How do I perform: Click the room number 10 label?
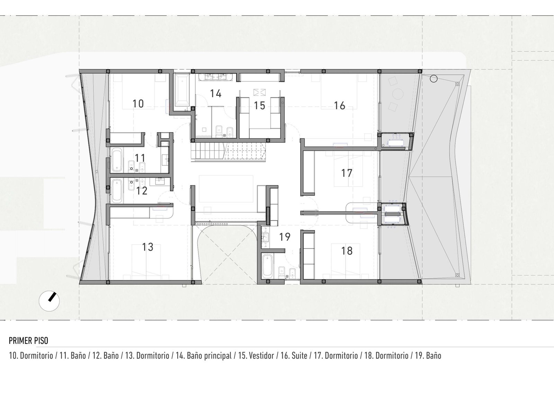pos(138,104)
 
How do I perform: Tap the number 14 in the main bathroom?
pos(216,94)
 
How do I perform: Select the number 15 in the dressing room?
pos(259,106)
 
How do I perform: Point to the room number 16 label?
pos(340,106)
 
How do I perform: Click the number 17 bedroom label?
pos(347,173)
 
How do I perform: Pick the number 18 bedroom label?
pos(347,251)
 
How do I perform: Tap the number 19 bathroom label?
pos(285,237)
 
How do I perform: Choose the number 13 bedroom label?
pos(148,247)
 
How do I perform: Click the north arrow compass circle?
pos(49,301)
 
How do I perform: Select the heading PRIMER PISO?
pos(28,340)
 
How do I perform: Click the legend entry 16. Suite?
pos(294,356)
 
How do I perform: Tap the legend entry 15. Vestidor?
pos(256,356)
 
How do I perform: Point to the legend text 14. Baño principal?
pos(204,356)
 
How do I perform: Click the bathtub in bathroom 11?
pos(117,160)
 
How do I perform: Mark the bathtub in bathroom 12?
pos(117,191)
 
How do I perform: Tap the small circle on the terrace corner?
pos(434,79)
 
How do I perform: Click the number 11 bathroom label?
pos(140,158)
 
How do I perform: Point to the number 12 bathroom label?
pos(142,191)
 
